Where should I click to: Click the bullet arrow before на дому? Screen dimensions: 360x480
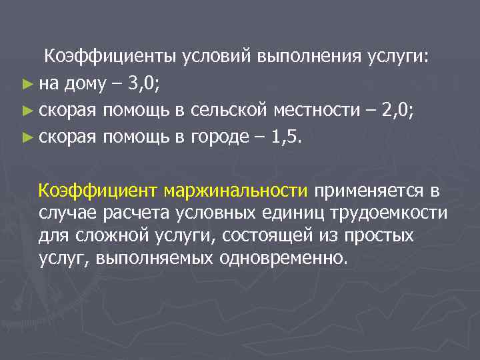[26, 85]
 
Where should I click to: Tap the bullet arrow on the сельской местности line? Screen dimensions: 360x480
[26, 111]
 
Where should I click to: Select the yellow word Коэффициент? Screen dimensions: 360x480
[99, 191]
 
